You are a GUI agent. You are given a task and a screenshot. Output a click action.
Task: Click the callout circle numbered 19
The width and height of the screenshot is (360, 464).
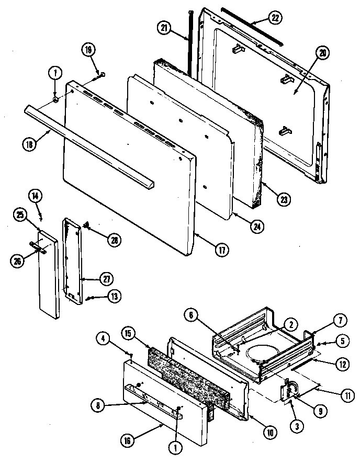pyautogui.click(x=88, y=50)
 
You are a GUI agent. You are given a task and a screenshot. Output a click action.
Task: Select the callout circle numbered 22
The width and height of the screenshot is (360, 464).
pyautogui.click(x=276, y=17)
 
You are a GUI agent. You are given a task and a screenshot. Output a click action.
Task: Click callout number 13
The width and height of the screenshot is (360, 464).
pyautogui.click(x=114, y=296)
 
